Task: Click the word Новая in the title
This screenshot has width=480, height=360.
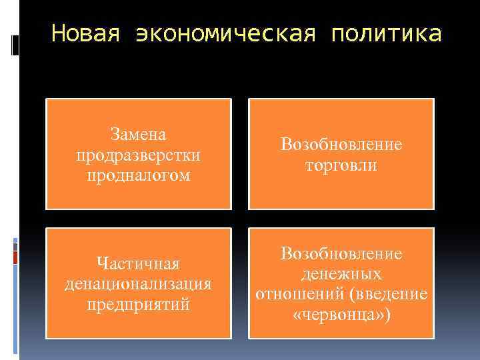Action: coord(85,33)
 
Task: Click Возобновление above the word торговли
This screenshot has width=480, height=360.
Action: coord(341,145)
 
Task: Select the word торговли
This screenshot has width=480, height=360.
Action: coord(341,165)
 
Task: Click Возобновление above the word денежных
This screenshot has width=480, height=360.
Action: coord(341,253)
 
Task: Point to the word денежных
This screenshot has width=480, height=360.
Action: coord(341,273)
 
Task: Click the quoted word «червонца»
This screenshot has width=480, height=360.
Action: coord(338,315)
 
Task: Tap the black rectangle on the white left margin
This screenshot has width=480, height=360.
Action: coord(15,45)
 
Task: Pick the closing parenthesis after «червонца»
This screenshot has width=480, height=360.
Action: coord(387,315)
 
